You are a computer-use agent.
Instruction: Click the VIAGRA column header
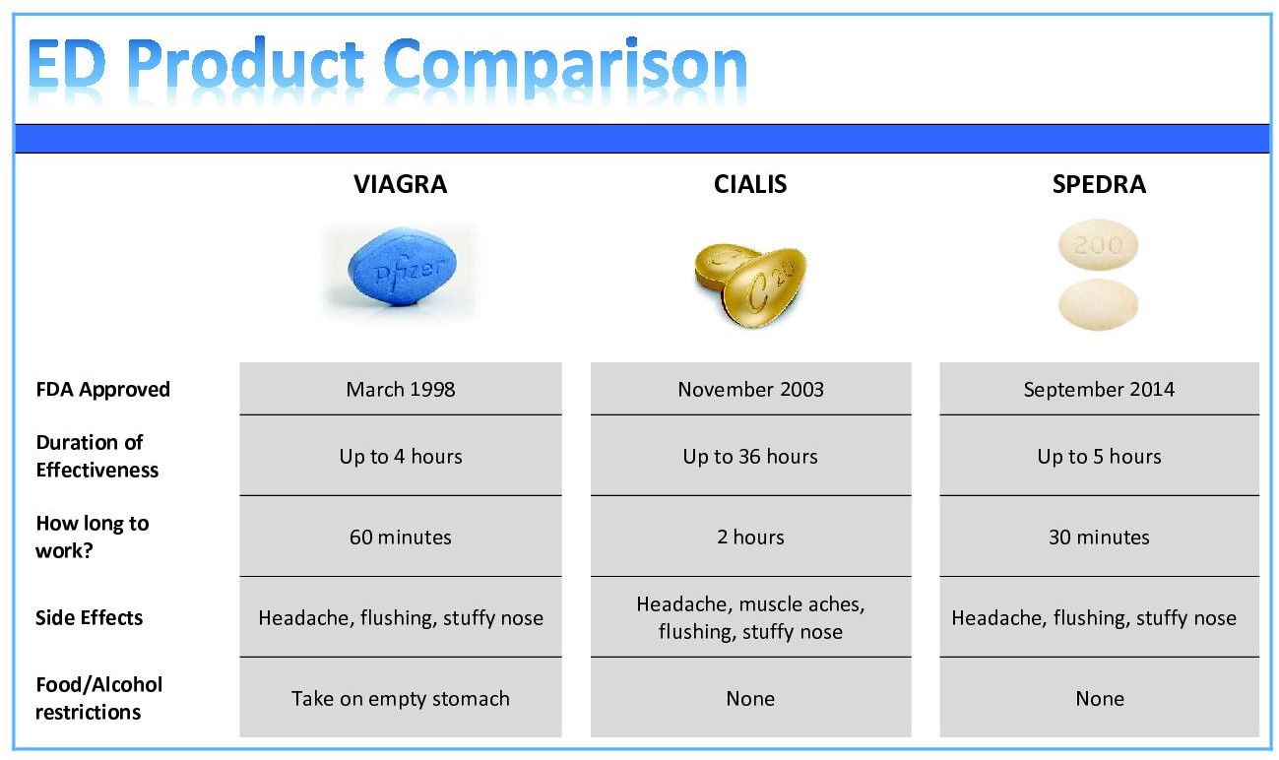pos(401,184)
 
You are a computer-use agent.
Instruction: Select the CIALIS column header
pos(750,184)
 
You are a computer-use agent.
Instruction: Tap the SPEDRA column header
pos(1099,184)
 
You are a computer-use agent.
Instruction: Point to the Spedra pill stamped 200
pos(1098,244)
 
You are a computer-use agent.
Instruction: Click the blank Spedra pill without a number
pos(1098,304)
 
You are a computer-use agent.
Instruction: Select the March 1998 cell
pos(401,389)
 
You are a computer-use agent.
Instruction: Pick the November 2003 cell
pos(751,389)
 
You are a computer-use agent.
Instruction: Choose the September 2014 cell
pos(1099,389)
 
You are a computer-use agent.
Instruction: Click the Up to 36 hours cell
pos(751,456)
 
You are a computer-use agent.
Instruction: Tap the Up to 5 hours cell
pos(1099,456)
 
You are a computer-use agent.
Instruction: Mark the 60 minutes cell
pos(401,537)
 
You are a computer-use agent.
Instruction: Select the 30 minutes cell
pos(1099,537)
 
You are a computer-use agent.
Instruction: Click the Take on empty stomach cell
pos(401,698)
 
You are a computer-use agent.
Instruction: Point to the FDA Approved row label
pos(102,390)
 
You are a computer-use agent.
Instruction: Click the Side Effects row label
pos(89,617)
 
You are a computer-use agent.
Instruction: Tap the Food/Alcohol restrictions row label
pos(98,698)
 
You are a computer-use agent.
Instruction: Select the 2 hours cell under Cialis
pos(751,537)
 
